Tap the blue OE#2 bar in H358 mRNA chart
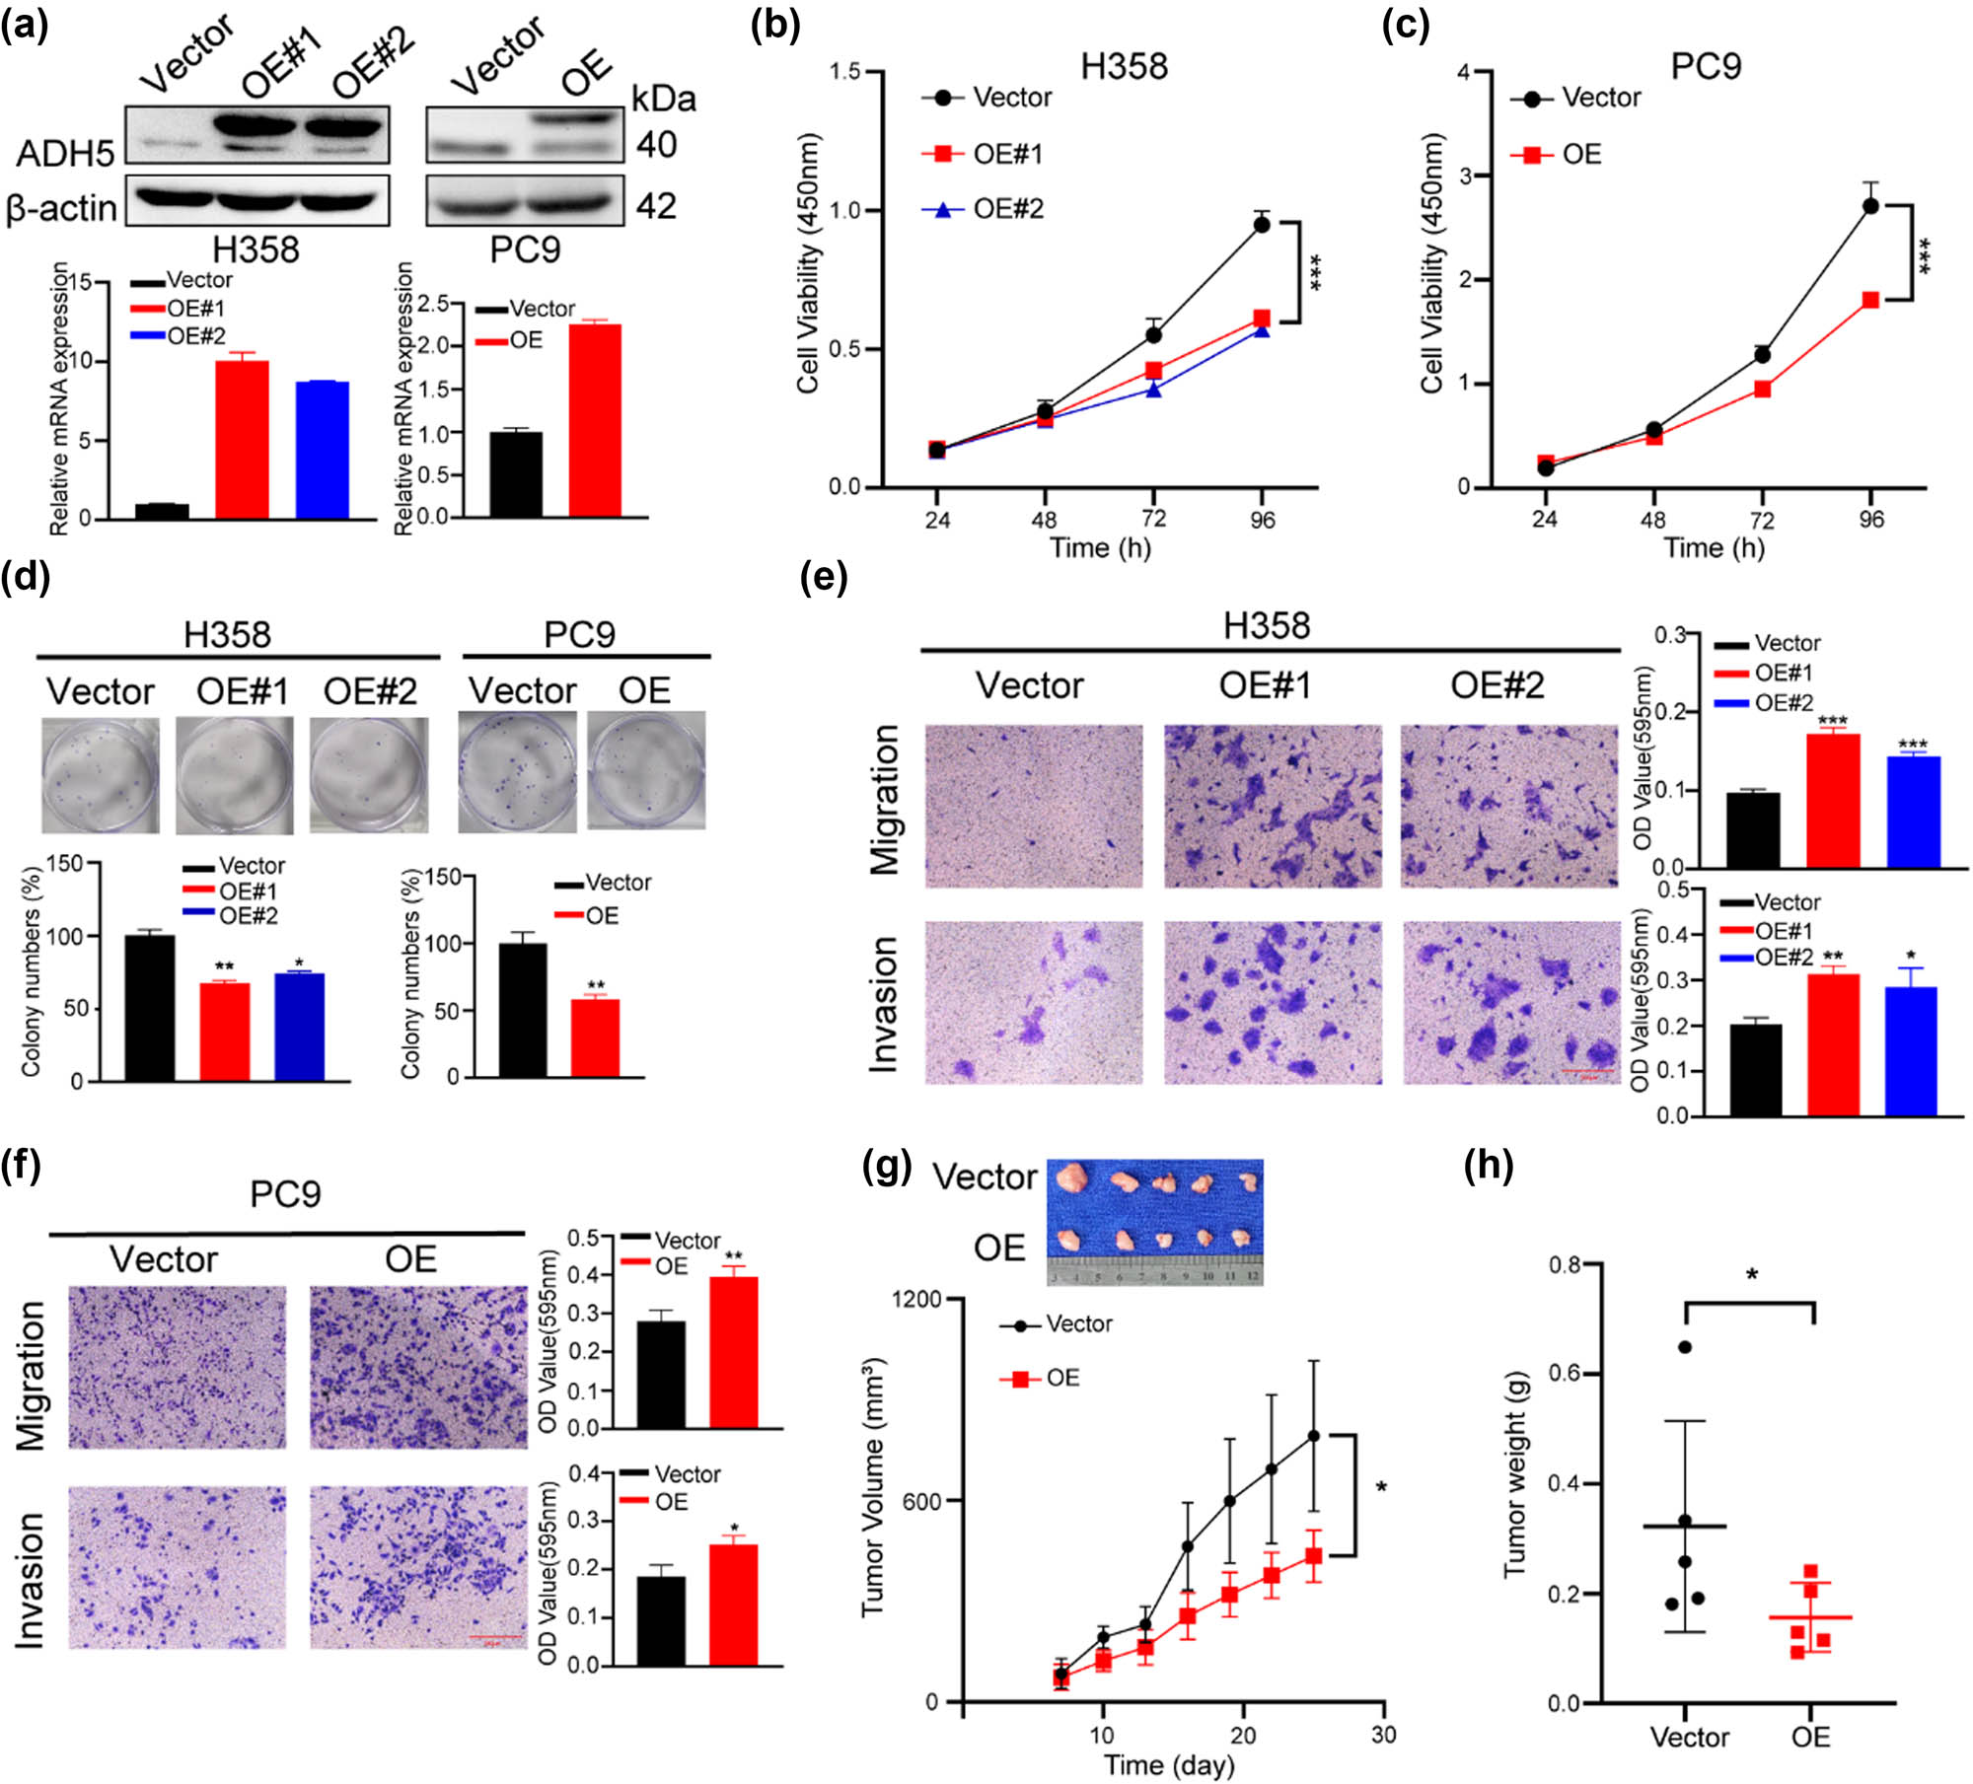[322, 449]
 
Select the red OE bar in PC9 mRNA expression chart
[595, 419]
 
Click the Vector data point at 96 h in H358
[1261, 225]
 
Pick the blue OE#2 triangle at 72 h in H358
[1153, 390]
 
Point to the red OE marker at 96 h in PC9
[1870, 300]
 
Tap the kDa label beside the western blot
[663, 99]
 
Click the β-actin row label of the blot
[61, 208]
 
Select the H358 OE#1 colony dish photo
[235, 775]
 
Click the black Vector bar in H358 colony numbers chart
[150, 1008]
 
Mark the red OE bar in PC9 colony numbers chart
[595, 1038]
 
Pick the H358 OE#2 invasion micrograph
[1509, 1003]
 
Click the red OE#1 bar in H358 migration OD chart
[1833, 801]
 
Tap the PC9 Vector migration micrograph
[178, 1367]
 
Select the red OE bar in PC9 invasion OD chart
[733, 1605]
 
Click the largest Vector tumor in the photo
[1072, 1177]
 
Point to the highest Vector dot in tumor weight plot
[1685, 1347]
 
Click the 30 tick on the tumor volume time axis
[1383, 1735]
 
